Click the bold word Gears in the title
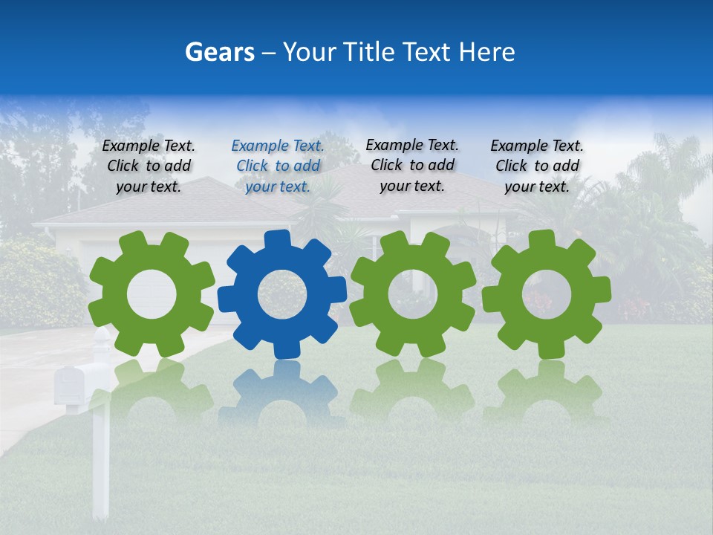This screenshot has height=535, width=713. [219, 52]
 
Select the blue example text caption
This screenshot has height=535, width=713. [278, 166]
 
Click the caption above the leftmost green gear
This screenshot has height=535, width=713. [149, 166]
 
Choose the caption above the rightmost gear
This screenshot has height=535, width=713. [537, 166]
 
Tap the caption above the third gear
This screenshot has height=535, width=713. [412, 165]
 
